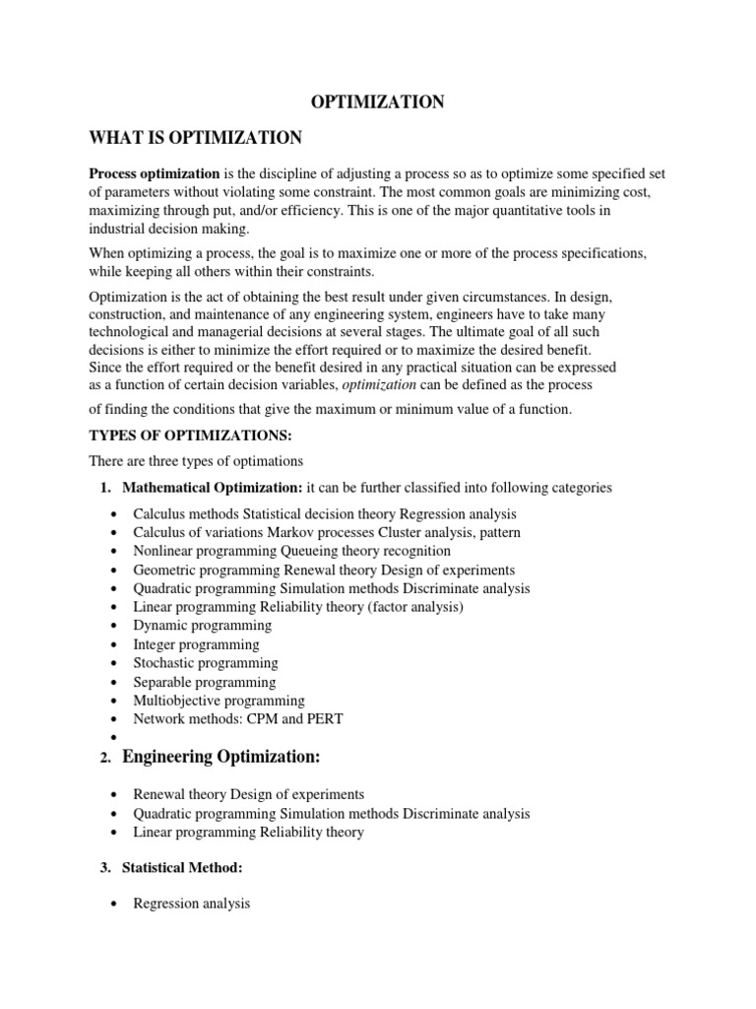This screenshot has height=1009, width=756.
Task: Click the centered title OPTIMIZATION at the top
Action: point(378,101)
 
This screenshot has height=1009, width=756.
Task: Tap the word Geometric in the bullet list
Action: point(164,570)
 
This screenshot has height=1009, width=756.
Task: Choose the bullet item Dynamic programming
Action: point(203,626)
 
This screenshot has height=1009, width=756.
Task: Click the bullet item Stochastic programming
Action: point(206,663)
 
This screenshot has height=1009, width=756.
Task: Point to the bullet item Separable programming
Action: point(205,682)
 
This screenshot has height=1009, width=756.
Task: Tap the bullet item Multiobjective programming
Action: point(220,701)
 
